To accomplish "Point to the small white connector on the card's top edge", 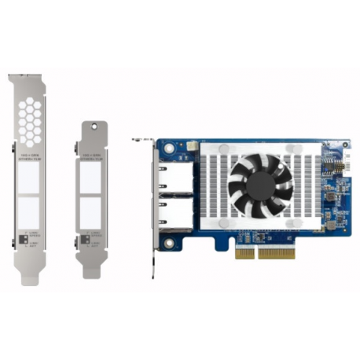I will [x=191, y=145].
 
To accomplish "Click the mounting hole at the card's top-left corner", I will [x=167, y=146].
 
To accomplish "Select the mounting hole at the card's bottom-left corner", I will [x=167, y=242].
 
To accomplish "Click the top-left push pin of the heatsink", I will [x=224, y=149].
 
